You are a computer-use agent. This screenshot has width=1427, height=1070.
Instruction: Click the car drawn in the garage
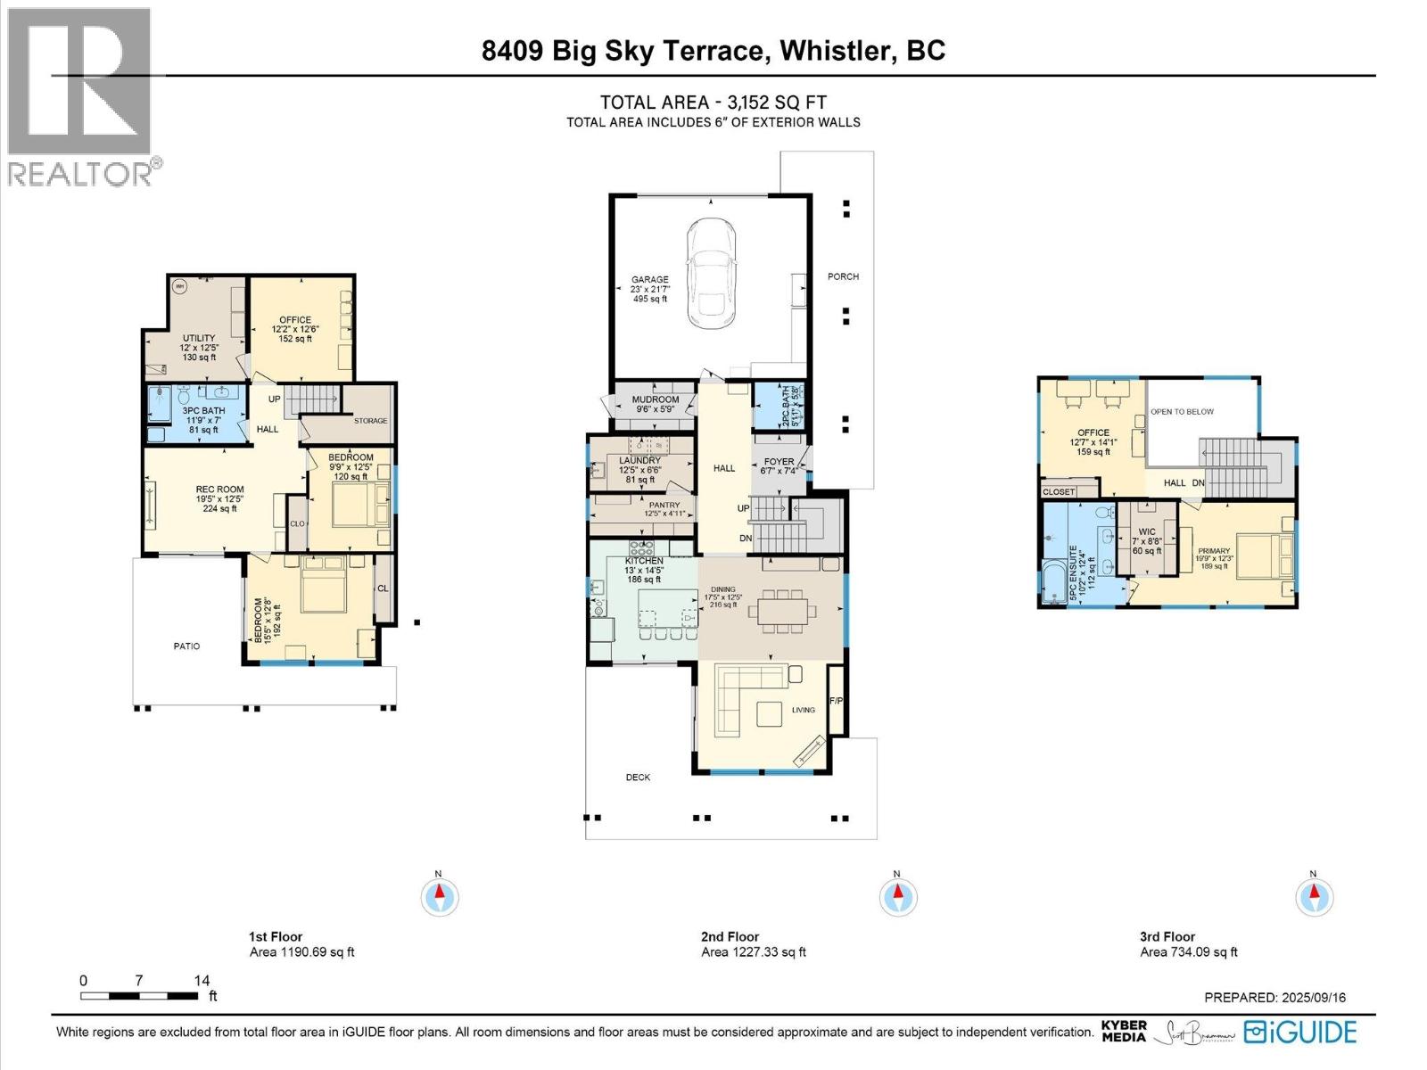pyautogui.click(x=711, y=274)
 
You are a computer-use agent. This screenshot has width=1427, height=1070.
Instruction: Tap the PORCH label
pyautogui.click(x=843, y=276)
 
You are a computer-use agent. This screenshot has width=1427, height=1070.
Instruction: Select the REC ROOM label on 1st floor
pyautogui.click(x=219, y=490)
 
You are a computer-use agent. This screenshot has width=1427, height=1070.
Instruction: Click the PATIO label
pyautogui.click(x=186, y=646)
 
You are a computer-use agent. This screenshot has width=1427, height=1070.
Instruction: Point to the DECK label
pyautogui.click(x=638, y=778)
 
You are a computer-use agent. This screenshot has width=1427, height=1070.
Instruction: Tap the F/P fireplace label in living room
pyautogui.click(x=836, y=702)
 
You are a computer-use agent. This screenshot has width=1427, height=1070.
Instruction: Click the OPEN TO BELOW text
pyautogui.click(x=1182, y=412)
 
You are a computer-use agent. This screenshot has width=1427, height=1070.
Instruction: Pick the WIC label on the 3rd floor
pyautogui.click(x=1147, y=531)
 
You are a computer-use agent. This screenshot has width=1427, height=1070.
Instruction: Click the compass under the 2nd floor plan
pyautogui.click(x=898, y=896)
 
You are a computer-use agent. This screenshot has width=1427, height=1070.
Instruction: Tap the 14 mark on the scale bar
pyautogui.click(x=202, y=980)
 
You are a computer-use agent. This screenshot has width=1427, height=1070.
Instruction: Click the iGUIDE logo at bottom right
pyautogui.click(x=1301, y=1033)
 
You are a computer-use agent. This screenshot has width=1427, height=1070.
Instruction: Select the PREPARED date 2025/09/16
pyautogui.click(x=1313, y=998)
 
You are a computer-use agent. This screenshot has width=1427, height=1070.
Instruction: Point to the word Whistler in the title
pyautogui.click(x=837, y=51)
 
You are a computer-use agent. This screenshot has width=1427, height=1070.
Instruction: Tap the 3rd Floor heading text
pyautogui.click(x=1167, y=936)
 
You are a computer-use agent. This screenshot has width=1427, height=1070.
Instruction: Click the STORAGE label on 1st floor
pyautogui.click(x=370, y=421)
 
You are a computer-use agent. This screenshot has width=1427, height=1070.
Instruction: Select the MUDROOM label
pyautogui.click(x=656, y=399)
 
